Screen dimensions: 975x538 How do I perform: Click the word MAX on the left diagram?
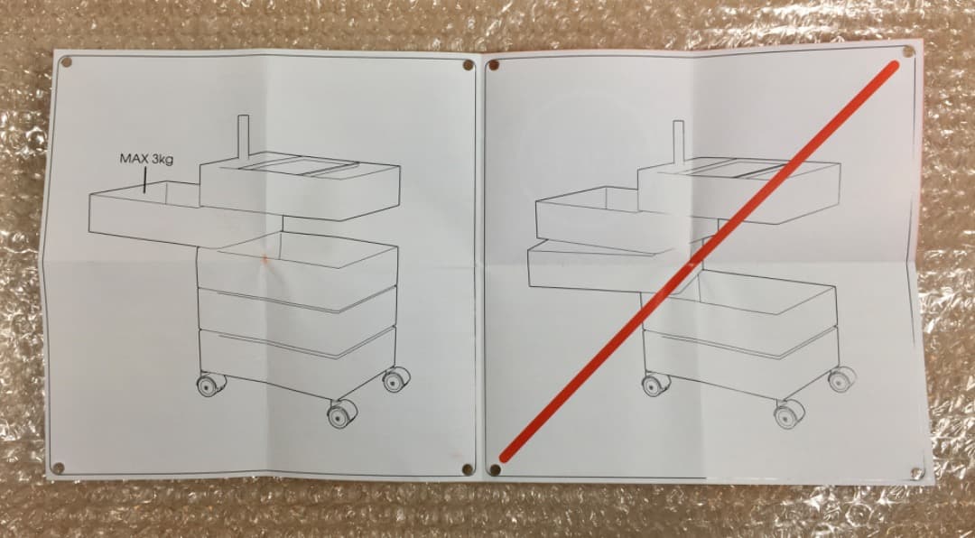point(134,159)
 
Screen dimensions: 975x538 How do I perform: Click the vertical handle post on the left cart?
point(243,138)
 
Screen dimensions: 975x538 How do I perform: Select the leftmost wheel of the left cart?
point(210,385)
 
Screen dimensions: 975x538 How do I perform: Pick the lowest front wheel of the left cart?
point(342,413)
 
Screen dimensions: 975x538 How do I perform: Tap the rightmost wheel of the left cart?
point(396,379)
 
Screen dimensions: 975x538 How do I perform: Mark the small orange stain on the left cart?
point(265,257)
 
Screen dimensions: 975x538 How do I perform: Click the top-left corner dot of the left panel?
point(67,61)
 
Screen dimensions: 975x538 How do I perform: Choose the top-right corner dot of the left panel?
point(468,65)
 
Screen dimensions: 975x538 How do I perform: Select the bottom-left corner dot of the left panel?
point(59,468)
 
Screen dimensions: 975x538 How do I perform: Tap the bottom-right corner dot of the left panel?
point(467,468)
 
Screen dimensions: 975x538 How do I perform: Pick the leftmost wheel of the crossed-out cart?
point(655,385)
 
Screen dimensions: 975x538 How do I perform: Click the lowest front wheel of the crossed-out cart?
point(789,413)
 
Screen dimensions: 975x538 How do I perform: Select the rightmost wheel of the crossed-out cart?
point(842,379)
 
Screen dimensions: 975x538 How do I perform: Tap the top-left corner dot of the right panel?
point(493,65)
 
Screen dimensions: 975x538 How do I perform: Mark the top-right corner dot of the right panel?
point(908,51)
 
